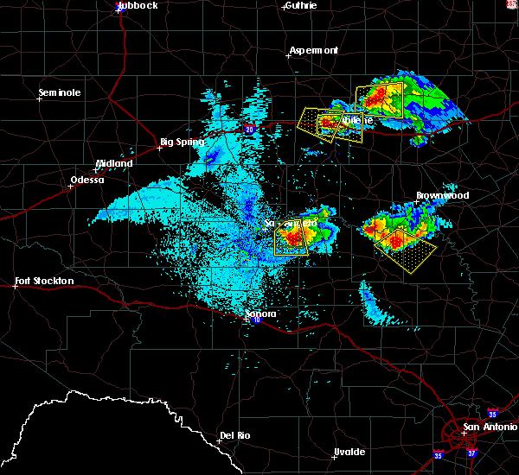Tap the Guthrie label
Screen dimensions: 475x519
point(300,5)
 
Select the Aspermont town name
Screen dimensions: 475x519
point(313,50)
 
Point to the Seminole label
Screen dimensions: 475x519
point(60,92)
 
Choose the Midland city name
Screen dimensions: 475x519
point(114,163)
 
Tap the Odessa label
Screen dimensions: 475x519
point(86,180)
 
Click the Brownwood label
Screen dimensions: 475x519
point(442,195)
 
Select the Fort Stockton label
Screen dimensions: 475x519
point(45,281)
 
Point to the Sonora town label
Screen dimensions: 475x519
point(255,313)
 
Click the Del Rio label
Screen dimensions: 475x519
point(235,435)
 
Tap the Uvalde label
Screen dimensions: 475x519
point(349,452)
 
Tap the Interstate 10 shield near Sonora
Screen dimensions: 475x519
point(257,320)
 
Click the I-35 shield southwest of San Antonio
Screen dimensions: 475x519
point(438,454)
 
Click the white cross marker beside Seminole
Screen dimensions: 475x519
point(40,98)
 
